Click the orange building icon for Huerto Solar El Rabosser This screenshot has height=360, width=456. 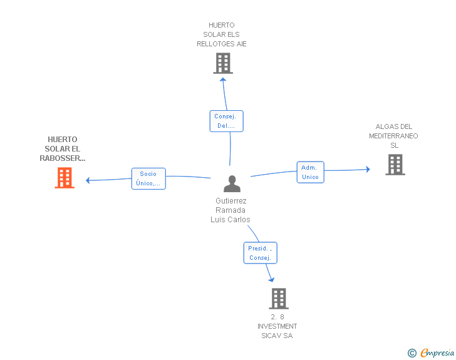(x=65, y=178)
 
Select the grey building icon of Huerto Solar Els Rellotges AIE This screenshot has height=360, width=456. (x=222, y=63)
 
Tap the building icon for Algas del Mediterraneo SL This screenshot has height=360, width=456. (x=395, y=164)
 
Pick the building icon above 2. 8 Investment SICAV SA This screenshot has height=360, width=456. (x=279, y=298)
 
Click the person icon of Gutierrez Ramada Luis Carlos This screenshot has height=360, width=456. (x=232, y=184)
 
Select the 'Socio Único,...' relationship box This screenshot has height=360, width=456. (x=148, y=178)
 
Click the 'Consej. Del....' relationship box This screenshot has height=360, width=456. (x=226, y=121)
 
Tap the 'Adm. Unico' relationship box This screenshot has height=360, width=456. (x=310, y=172)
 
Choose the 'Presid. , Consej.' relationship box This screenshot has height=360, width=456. (x=259, y=253)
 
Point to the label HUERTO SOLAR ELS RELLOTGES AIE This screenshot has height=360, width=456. (x=222, y=34)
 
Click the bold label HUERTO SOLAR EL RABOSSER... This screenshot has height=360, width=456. (x=63, y=149)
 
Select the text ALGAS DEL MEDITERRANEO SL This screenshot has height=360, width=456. (x=394, y=136)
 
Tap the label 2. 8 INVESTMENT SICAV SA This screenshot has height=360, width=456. (x=277, y=326)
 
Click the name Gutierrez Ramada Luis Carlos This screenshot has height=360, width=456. (x=231, y=210)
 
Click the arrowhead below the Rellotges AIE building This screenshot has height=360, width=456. (x=223, y=79)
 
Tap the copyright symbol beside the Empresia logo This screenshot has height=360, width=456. (x=412, y=353)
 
